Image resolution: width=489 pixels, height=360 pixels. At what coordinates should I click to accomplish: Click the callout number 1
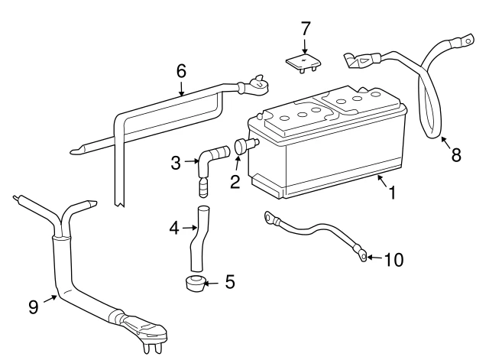[392, 192]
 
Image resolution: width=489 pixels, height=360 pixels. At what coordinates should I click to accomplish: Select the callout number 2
[235, 182]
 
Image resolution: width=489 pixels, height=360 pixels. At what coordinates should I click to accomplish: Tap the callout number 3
[176, 163]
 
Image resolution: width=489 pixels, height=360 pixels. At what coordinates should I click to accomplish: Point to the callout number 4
[174, 228]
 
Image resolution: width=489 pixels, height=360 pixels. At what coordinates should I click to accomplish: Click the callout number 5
[230, 282]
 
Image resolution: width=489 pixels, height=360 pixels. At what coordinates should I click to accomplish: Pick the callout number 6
[181, 71]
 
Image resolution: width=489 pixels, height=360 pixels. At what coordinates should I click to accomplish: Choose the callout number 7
[306, 28]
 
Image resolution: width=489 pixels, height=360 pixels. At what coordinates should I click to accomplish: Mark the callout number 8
[456, 154]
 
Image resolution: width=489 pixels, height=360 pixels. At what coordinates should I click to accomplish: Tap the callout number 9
[34, 307]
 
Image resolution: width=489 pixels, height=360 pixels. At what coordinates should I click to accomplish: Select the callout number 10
[394, 260]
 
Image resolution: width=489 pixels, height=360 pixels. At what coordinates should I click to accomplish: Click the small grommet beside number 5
[194, 284]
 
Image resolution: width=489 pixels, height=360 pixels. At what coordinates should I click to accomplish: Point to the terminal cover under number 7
[304, 63]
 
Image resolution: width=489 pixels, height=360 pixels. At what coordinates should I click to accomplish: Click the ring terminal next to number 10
[363, 257]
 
